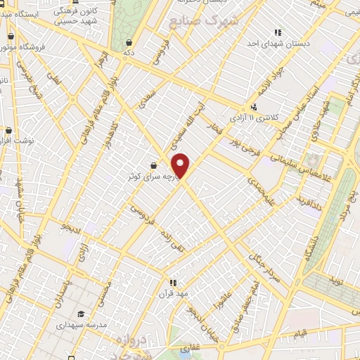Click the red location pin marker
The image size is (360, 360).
point(181,165)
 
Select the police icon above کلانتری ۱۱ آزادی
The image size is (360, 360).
point(254,107)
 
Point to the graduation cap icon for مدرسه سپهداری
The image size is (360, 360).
point(82,314)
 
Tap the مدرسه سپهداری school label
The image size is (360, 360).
point(86,326)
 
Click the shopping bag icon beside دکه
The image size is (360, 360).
point(128,43)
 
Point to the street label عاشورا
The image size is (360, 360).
point(225,300)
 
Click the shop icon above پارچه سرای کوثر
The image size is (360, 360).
point(153,166)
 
